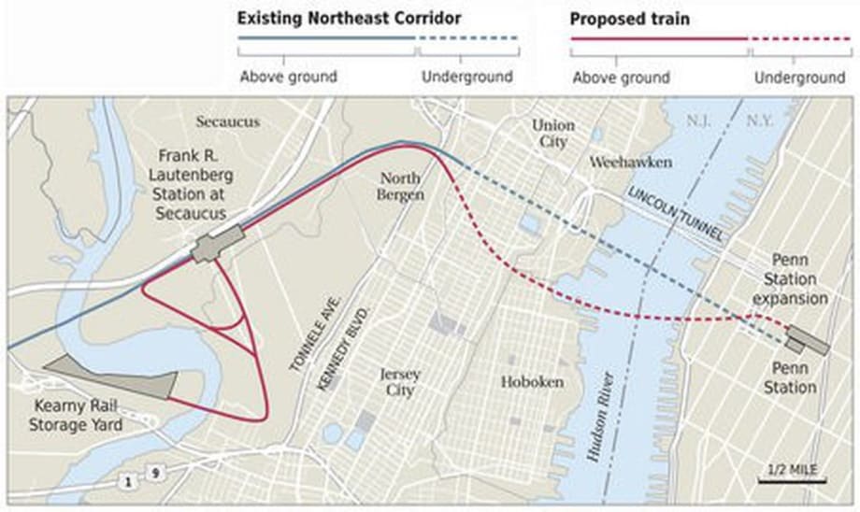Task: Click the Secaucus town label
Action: click(x=228, y=122)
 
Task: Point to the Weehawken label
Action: click(x=631, y=163)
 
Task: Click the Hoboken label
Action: click(x=532, y=382)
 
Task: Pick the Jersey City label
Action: click(x=400, y=382)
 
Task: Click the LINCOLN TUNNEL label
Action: click(x=676, y=216)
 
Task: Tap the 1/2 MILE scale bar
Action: click(x=791, y=471)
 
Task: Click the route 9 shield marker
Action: click(x=154, y=474)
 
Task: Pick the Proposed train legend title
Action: click(x=617, y=19)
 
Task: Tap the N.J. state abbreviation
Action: click(x=698, y=121)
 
